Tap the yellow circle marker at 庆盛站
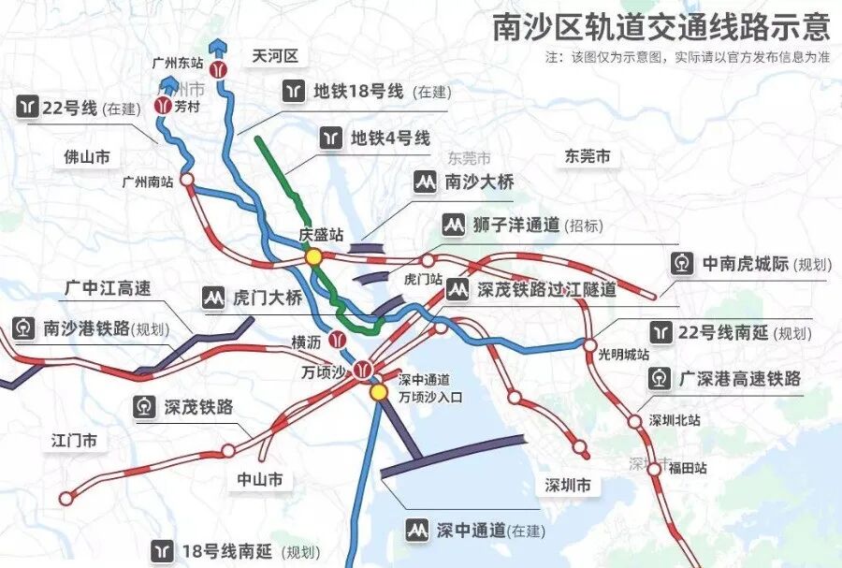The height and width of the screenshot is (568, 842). (313, 256)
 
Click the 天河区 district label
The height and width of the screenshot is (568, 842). (275, 57)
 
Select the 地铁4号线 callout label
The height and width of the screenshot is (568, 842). (390, 138)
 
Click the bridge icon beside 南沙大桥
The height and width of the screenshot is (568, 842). (427, 182)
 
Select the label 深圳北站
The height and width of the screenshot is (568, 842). (675, 420)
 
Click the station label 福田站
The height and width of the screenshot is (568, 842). (687, 468)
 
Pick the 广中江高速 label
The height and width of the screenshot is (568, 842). (109, 287)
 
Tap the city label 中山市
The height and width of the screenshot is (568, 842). (260, 480)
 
